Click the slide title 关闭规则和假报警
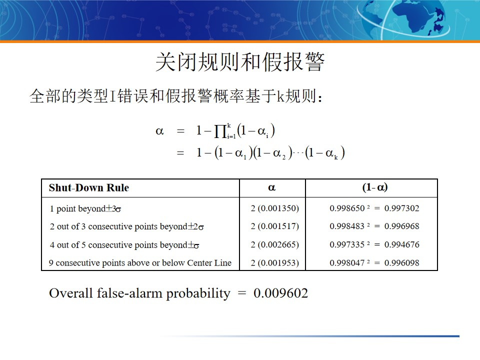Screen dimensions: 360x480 pos(240,63)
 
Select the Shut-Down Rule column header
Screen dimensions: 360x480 pos(88,188)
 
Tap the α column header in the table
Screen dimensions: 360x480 pos(272,188)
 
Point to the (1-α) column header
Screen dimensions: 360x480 pos(374,188)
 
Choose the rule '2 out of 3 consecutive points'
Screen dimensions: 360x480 pos(126,226)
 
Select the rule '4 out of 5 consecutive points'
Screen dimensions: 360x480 pos(124,245)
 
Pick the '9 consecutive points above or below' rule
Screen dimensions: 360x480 pos(140,263)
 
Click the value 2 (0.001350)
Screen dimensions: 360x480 pos(274,208)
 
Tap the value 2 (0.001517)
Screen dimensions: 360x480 pos(274,226)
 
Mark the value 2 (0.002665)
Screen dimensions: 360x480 pos(274,245)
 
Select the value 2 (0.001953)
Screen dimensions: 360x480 pos(274,263)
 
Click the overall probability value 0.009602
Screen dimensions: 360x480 pos(280,293)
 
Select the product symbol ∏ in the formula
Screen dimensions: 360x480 pos(219,132)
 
